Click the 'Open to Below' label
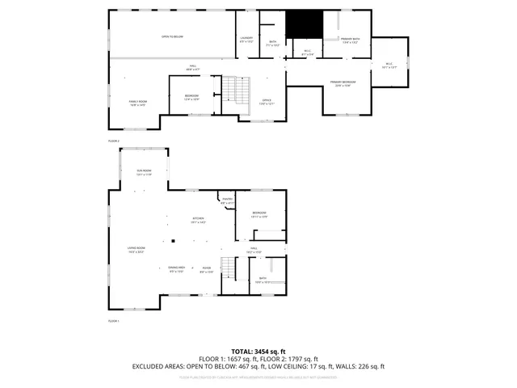point(171,37)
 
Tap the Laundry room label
point(247,39)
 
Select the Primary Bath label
point(351,40)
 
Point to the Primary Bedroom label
point(344,83)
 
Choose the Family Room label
point(137,102)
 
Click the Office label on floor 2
point(267,103)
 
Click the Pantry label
point(228,201)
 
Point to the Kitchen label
point(199,220)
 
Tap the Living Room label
point(136,250)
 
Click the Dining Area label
point(177,269)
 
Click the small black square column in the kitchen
point(172,241)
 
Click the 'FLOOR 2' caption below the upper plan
point(114,141)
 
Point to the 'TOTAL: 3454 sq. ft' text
point(258,351)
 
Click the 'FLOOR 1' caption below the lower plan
point(114,322)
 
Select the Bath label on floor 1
point(263,279)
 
